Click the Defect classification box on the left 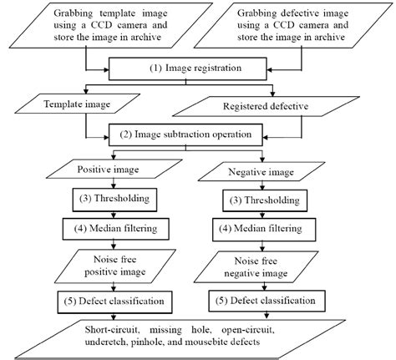click(x=109, y=299)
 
